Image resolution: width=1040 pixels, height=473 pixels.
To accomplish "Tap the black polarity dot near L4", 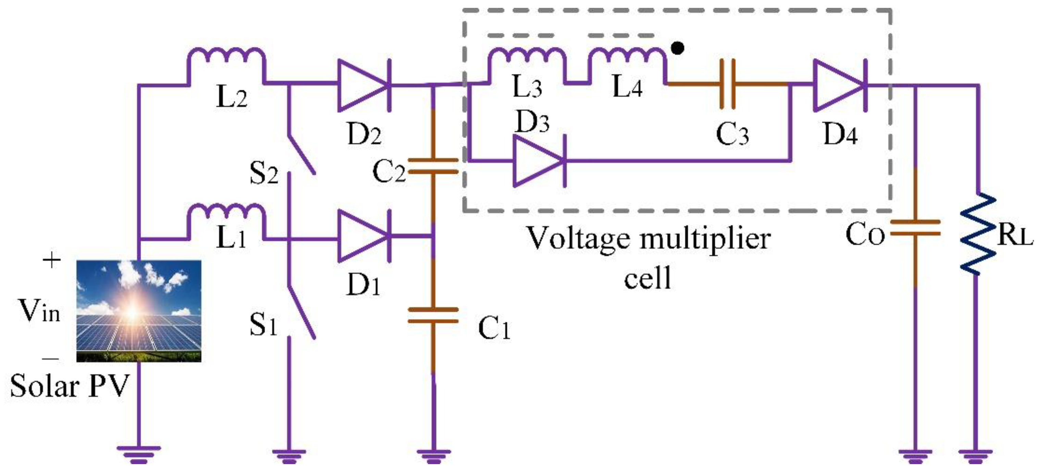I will click(677, 48).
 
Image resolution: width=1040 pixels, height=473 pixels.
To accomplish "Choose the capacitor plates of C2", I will click(433, 166).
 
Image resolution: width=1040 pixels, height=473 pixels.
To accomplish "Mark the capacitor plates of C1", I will click(433, 315).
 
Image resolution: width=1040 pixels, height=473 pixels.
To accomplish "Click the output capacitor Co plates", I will click(915, 228).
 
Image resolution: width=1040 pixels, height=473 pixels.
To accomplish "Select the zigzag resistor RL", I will click(977, 234).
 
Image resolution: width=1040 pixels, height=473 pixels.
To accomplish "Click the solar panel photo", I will click(138, 311).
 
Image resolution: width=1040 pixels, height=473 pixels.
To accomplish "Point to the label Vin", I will click(39, 311).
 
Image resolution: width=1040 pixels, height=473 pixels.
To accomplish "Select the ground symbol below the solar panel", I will click(138, 455).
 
